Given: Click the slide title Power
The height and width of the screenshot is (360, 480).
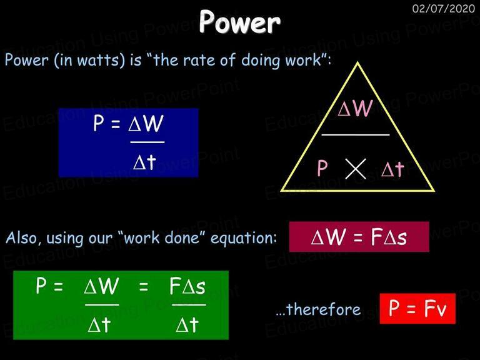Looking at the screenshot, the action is pyautogui.click(x=239, y=21).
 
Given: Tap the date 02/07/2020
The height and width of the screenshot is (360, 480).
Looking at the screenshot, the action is pyautogui.click(x=444, y=8).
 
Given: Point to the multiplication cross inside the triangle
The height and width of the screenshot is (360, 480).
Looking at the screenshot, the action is pyautogui.click(x=356, y=169).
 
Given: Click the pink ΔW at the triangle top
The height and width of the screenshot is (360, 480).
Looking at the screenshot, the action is pyautogui.click(x=355, y=107).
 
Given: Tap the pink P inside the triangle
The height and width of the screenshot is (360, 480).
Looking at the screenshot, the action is pyautogui.click(x=322, y=168).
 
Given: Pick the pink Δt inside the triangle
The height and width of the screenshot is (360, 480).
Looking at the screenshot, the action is pyautogui.click(x=392, y=168).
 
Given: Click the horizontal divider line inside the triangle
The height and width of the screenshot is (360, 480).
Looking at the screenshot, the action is pyautogui.click(x=356, y=134).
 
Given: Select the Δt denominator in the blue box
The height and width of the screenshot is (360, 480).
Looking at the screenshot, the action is pyautogui.click(x=145, y=162).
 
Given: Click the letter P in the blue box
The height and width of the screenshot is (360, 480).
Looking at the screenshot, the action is pyautogui.click(x=99, y=123).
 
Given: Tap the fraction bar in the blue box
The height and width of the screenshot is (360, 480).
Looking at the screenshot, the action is pyautogui.click(x=147, y=142).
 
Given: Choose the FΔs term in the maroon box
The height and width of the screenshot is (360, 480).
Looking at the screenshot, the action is pyautogui.click(x=389, y=237).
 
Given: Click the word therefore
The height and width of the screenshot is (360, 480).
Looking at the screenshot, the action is pyautogui.click(x=324, y=309).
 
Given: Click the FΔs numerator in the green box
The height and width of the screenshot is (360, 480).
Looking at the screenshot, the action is pyautogui.click(x=187, y=286).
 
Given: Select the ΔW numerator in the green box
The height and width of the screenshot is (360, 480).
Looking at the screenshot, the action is pyautogui.click(x=101, y=286).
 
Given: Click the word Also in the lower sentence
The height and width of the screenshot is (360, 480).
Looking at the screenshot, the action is pyautogui.click(x=23, y=237).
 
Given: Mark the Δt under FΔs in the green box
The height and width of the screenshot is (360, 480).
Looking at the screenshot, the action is pyautogui.click(x=187, y=324).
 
